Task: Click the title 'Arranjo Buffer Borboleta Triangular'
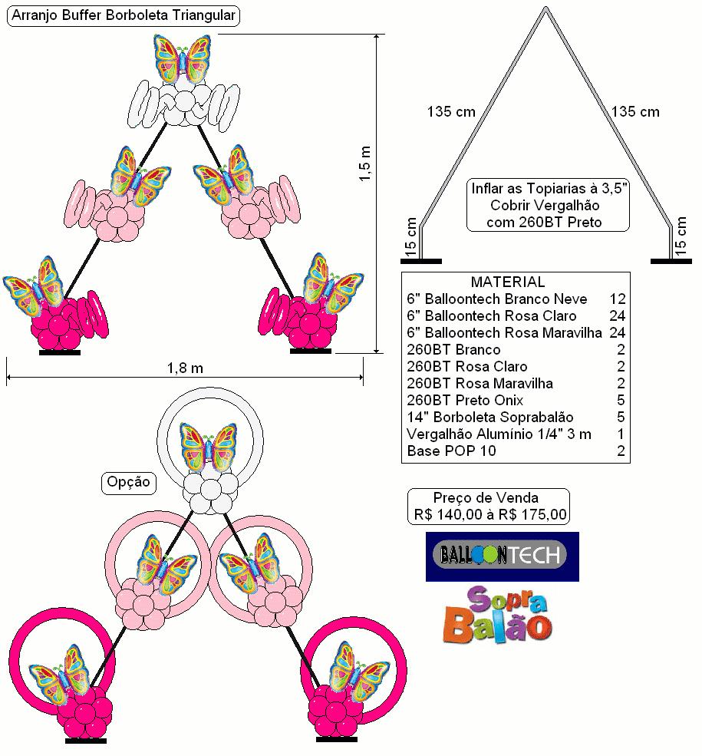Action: tap(124, 15)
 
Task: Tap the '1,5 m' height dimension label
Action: tap(365, 164)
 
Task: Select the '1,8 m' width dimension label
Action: tap(185, 368)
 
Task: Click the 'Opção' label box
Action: tap(129, 483)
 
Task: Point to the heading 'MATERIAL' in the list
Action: tap(508, 282)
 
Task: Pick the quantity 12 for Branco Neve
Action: tap(617, 299)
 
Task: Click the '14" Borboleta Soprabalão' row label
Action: tap(490, 417)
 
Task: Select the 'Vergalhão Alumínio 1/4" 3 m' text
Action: tap(499, 434)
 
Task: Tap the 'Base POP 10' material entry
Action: tap(451, 451)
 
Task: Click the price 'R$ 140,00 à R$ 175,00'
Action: tap(490, 514)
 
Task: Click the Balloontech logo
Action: tap(502, 556)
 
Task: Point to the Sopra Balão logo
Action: tap(498, 615)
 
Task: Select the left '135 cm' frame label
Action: tap(451, 112)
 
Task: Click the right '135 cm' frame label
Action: tap(635, 112)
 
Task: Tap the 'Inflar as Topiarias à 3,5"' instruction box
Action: tap(548, 205)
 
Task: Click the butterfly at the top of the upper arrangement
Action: tap(183, 58)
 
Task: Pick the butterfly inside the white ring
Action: tap(209, 447)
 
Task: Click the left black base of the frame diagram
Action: tap(421, 261)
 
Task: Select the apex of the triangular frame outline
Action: tap(545, 7)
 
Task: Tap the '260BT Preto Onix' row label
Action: tap(465, 400)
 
